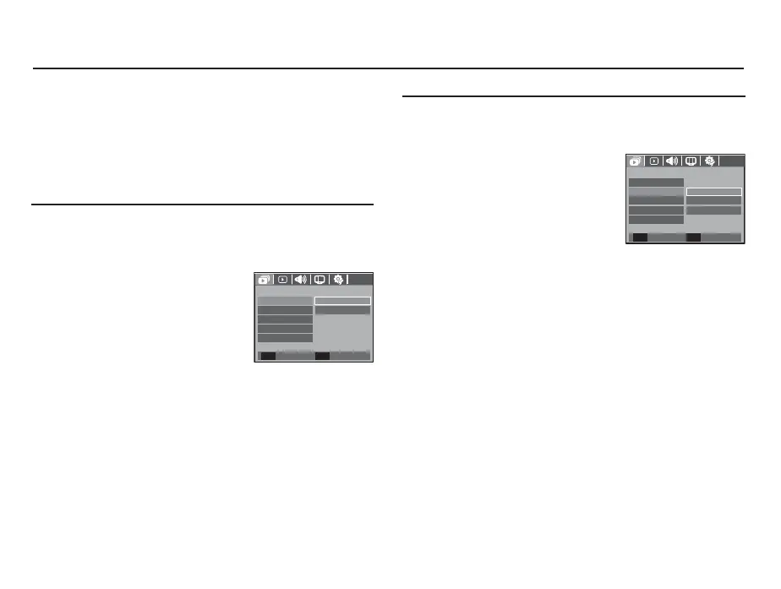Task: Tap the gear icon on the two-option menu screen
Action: (x=339, y=280)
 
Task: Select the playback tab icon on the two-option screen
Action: (x=282, y=280)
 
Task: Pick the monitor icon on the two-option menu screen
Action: (x=320, y=280)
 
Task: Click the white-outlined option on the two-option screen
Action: (x=342, y=301)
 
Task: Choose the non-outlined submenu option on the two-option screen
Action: (x=342, y=311)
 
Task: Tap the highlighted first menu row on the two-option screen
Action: (x=285, y=301)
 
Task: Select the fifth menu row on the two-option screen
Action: (x=285, y=338)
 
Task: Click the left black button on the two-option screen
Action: (x=268, y=356)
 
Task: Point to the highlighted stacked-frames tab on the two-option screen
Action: (x=264, y=280)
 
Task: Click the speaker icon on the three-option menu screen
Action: (x=673, y=161)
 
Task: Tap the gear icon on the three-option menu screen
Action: (x=710, y=161)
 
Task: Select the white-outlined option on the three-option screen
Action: (x=713, y=192)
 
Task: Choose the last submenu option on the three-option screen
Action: (x=713, y=210)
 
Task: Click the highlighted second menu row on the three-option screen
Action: (x=656, y=192)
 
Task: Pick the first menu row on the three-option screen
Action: (x=656, y=183)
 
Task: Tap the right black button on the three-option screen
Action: (x=693, y=237)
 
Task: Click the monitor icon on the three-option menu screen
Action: (x=691, y=161)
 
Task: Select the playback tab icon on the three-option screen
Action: (x=653, y=161)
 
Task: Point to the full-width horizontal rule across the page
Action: (x=389, y=68)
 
